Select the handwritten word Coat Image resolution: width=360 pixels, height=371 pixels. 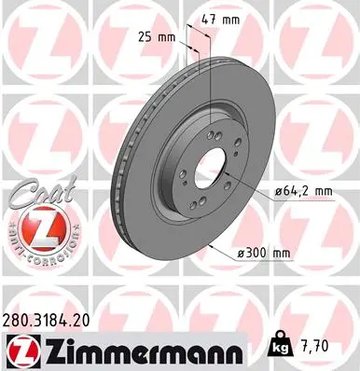coord(31,195)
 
